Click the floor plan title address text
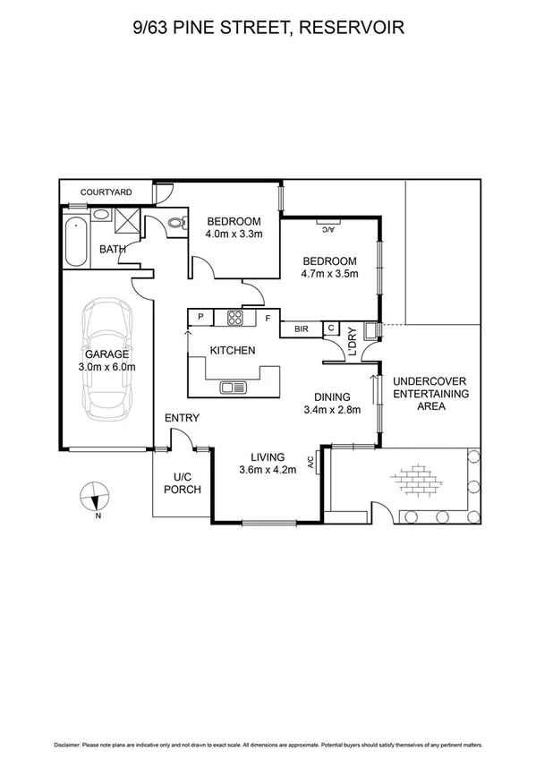tap(268, 28)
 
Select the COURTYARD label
tap(106, 192)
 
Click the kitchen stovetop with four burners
tap(236, 317)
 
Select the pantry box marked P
tap(200, 317)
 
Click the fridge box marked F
tap(268, 317)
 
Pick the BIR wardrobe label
tap(301, 329)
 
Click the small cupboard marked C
tap(331, 328)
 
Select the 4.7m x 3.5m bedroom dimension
tap(329, 274)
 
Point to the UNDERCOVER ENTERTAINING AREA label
tap(430, 393)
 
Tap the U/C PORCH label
tap(183, 482)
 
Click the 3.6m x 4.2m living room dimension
tap(268, 470)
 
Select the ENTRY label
tap(182, 418)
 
